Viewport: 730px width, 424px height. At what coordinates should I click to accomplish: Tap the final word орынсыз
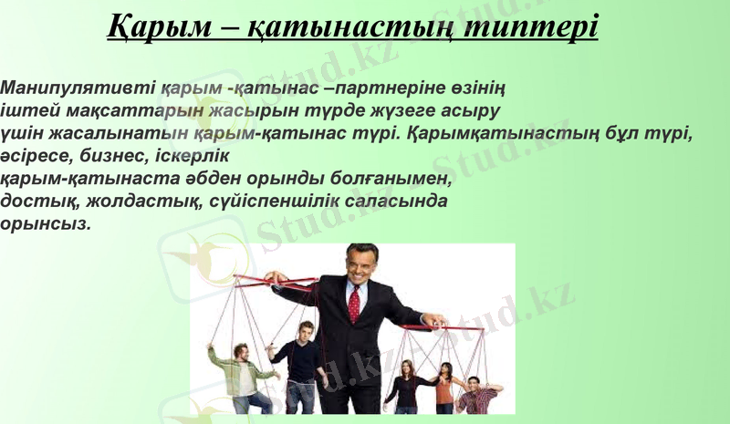click(x=46, y=222)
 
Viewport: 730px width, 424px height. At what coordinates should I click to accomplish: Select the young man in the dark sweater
click(x=298, y=369)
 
